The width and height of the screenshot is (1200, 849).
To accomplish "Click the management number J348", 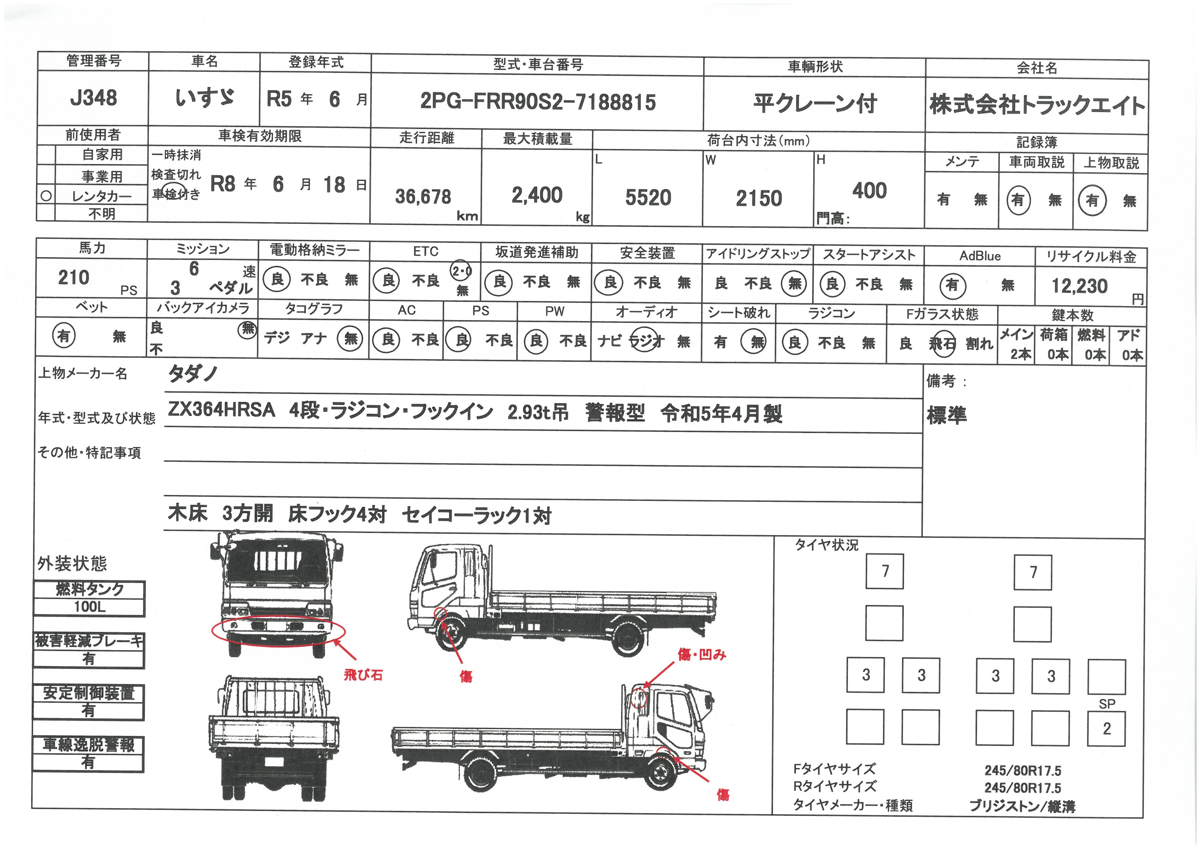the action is tap(93, 98).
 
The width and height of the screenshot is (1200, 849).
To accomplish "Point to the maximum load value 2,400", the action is tap(537, 195).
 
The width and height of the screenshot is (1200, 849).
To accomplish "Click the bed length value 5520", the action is tap(648, 198).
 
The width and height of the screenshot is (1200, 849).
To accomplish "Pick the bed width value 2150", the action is tap(759, 198).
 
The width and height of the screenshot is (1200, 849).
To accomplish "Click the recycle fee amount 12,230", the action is tap(1080, 286).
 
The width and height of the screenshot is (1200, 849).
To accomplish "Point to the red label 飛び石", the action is tap(363, 675).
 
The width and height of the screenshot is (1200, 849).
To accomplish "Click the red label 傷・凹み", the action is tap(702, 655).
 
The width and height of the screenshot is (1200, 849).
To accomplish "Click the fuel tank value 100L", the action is tap(89, 607).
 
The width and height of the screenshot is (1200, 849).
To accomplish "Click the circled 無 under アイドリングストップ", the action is tap(795, 284).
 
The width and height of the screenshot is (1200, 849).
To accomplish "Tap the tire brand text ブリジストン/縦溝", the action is tap(1022, 807).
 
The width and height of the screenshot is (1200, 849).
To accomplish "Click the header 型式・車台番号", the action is tap(538, 65).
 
